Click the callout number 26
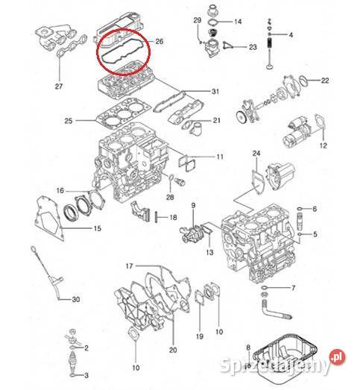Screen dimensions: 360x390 point(160,41)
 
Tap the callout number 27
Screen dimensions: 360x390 point(59,87)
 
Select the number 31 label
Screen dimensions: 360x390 point(215,92)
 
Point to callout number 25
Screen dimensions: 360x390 point(69,121)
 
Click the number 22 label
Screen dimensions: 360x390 point(325,81)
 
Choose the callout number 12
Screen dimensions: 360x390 point(323,145)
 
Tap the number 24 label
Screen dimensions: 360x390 point(256,153)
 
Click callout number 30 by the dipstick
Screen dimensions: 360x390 point(76,299)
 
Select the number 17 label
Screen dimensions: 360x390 point(129,266)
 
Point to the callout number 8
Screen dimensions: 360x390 point(248,347)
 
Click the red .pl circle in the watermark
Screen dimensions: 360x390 point(338,357)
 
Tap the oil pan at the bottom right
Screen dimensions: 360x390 point(285,354)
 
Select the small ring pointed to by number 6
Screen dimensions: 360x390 point(300,208)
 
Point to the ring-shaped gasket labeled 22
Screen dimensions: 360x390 point(303,81)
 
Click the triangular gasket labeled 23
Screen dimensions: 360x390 point(227,46)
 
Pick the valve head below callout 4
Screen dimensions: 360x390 point(269,66)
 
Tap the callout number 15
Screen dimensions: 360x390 point(98,228)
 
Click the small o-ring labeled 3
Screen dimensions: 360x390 point(72,374)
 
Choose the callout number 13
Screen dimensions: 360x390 point(210,252)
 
